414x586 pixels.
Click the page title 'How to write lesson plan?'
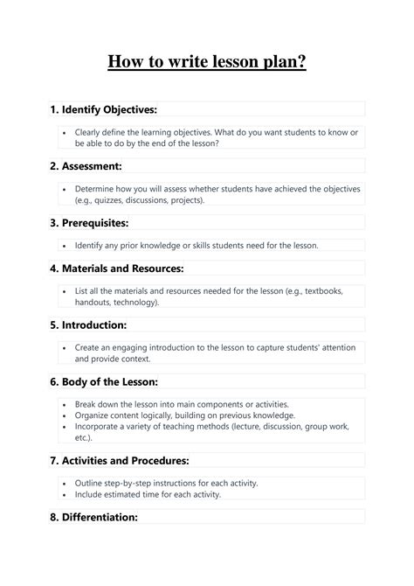[x=207, y=62]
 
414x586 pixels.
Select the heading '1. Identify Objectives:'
[x=103, y=109]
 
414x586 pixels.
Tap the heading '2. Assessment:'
[x=86, y=165]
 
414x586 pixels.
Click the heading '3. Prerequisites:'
[x=89, y=222]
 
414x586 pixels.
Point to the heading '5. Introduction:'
[x=88, y=324]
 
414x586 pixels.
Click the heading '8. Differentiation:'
[x=93, y=517]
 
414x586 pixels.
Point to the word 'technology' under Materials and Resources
[x=133, y=302]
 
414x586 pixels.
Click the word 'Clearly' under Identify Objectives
[x=89, y=131]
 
